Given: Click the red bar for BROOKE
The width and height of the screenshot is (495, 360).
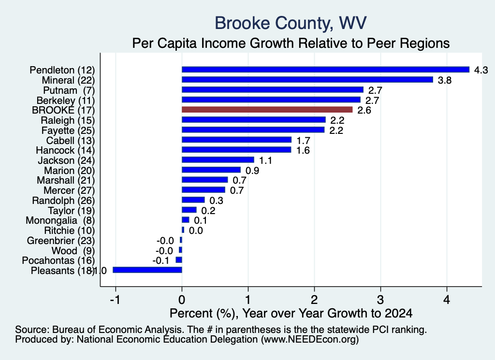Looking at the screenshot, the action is coord(267,110).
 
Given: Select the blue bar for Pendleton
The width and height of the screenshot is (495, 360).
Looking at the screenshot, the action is coord(325,70).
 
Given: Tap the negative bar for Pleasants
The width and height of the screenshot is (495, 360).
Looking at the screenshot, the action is coord(147,270).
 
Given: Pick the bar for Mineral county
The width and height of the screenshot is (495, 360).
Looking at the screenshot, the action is coord(307,80).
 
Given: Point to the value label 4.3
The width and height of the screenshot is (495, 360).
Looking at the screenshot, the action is coord(481,70).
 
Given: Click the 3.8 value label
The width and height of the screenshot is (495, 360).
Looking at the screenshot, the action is coord(445,80).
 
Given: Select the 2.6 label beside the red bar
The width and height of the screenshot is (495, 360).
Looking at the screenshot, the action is coord(364,110).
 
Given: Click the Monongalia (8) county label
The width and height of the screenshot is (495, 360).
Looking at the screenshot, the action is coord(60,220).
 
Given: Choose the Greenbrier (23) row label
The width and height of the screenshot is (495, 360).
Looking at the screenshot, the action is coord(60,241).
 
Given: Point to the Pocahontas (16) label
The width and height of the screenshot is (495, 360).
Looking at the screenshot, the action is coord(58,260).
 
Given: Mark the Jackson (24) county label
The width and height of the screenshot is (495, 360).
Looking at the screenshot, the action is coord(66,160).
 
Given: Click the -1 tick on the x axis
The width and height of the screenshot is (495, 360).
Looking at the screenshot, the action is coord(115,300).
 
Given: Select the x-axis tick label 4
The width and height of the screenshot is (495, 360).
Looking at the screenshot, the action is coord(447,300).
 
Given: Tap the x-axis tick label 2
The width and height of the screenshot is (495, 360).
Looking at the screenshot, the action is coord(314,300).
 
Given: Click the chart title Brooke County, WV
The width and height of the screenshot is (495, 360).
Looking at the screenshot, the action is coord(291,23).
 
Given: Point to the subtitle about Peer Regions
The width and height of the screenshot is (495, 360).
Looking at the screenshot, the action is coord(291,43).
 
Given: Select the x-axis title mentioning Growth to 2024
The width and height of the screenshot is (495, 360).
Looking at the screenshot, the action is coord(291,313).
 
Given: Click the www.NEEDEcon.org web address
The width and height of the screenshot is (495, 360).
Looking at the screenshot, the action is coord(310,339).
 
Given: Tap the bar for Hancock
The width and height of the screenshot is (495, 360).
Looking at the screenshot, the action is coord(236,150).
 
